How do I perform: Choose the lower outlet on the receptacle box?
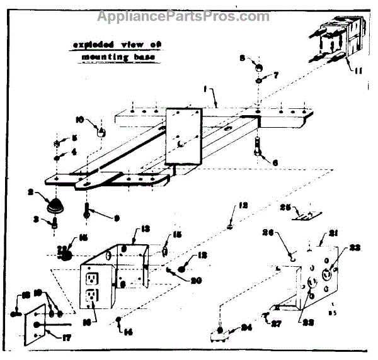click(92, 295)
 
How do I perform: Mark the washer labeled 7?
click(258, 81)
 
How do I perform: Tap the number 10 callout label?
click(78, 118)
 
